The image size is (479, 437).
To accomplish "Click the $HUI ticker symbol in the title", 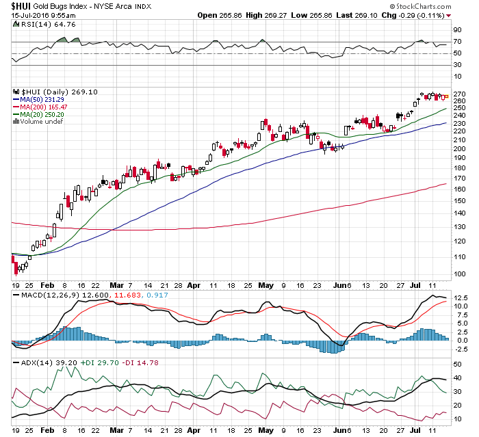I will (x=21, y=5).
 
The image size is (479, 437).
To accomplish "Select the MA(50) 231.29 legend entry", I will (x=42, y=100).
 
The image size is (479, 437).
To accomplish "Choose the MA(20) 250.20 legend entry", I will (x=42, y=115).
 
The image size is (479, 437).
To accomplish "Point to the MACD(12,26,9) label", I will (x=39, y=295).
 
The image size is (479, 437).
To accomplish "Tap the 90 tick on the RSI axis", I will (x=457, y=30).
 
